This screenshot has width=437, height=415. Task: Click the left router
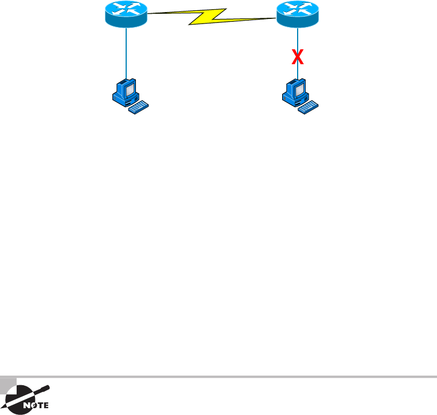pyautogui.click(x=126, y=14)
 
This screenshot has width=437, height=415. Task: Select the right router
pyautogui.click(x=297, y=14)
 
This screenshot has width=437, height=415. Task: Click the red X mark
pyautogui.click(x=297, y=56)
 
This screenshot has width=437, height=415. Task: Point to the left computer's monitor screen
pyautogui.click(x=128, y=89)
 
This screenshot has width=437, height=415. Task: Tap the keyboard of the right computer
pyautogui.click(x=311, y=107)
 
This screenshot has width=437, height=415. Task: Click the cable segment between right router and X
pyautogui.click(x=297, y=37)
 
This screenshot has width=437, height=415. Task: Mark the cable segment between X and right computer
pyautogui.click(x=297, y=72)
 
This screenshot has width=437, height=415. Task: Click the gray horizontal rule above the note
pyautogui.click(x=229, y=377)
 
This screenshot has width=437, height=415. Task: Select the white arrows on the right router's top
pyautogui.click(x=297, y=8)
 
